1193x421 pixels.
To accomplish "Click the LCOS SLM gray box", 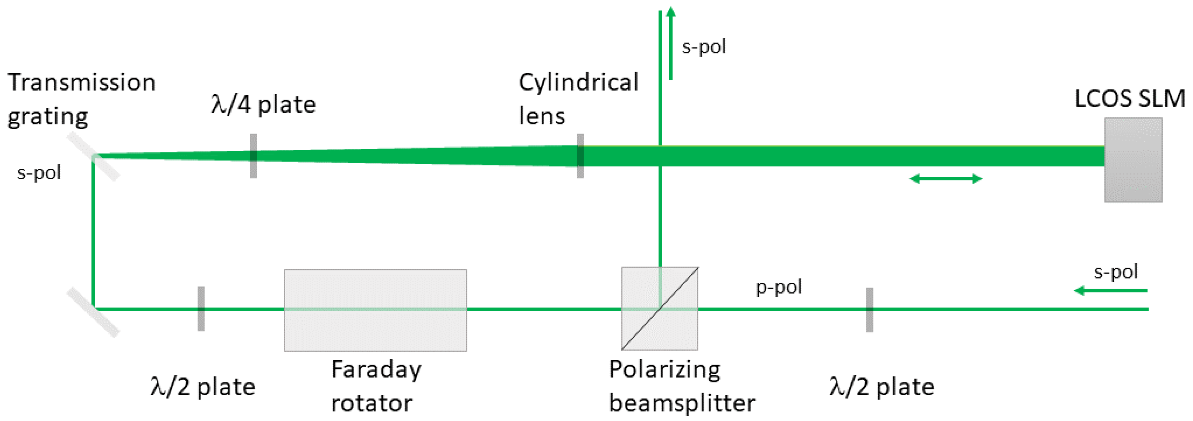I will click(x=1133, y=160).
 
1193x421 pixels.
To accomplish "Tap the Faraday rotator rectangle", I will click(x=375, y=310).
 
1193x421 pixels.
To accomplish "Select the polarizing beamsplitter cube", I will click(x=660, y=308).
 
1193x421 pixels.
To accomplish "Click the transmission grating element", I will click(x=93, y=156).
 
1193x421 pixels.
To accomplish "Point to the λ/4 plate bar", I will click(x=253, y=156).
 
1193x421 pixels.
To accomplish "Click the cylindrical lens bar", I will click(x=580, y=156).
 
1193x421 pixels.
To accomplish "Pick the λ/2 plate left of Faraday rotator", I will click(x=201, y=309).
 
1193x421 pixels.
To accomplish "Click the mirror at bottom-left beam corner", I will click(x=93, y=312).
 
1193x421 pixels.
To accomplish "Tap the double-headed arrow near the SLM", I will click(x=946, y=179).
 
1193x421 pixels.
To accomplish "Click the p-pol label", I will click(x=779, y=287).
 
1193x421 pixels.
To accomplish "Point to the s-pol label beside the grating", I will click(x=39, y=173).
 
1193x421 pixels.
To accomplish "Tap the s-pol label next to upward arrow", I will click(x=704, y=47).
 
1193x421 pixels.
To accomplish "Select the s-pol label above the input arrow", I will click(x=1115, y=272).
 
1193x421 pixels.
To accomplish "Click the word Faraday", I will click(x=376, y=370).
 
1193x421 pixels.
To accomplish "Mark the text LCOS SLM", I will click(x=1130, y=99).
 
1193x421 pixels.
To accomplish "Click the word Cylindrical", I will click(x=578, y=83).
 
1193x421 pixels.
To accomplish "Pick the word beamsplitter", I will click(x=682, y=403).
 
